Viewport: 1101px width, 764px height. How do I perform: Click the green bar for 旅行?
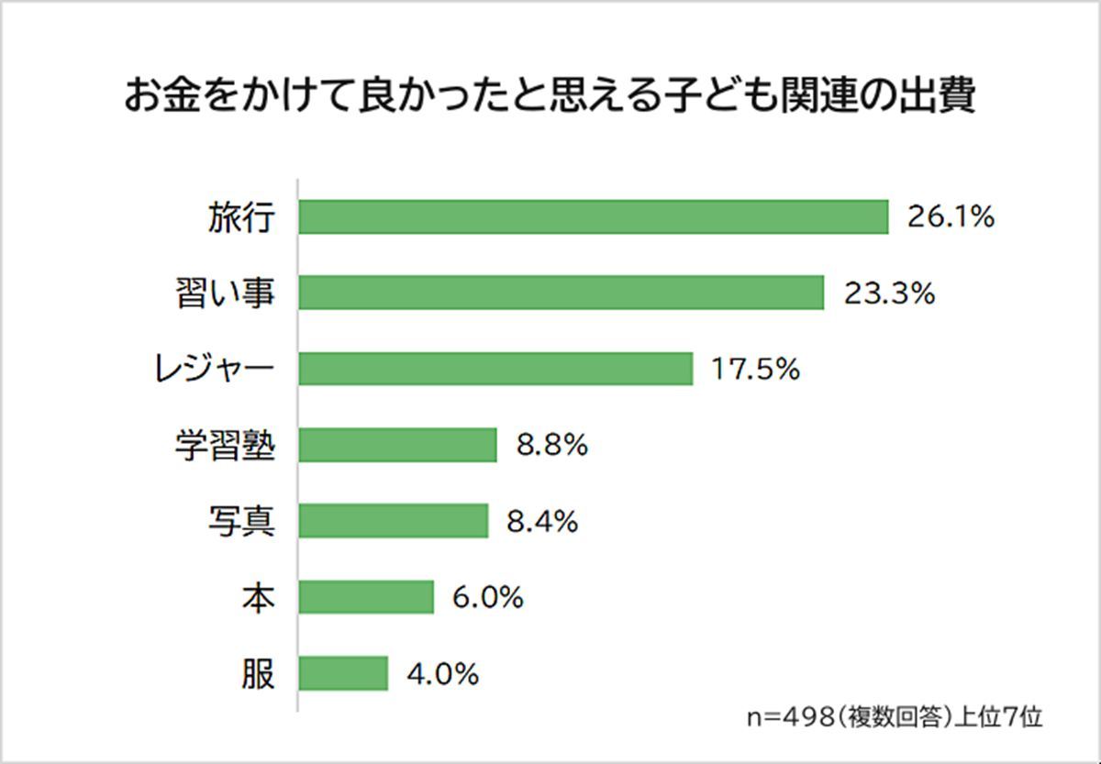pos(594,217)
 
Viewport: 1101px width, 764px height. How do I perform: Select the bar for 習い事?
pos(562,293)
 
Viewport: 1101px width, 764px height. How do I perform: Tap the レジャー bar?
pos(495,369)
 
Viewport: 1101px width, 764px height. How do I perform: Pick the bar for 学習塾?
pos(397,445)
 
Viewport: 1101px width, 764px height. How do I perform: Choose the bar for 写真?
pos(394,521)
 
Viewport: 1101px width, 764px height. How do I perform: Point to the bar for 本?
pos(366,597)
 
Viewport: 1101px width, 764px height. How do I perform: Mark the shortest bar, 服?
pos(343,673)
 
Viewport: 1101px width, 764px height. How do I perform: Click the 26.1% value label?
pos(951,217)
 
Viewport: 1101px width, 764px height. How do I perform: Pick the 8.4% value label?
pos(542,521)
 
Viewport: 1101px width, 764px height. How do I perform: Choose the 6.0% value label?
pos(487,597)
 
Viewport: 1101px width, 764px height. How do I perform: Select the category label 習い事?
pos(224,293)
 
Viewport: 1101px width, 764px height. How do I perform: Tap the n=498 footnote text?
pos(894,716)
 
